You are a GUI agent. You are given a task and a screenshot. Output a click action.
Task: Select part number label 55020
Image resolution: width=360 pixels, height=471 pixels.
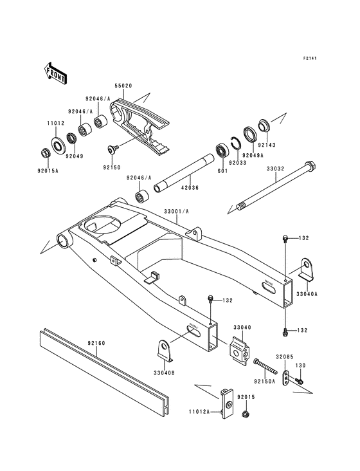[x=124, y=85]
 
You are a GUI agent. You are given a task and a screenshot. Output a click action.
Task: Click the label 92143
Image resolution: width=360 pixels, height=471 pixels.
[x=267, y=146]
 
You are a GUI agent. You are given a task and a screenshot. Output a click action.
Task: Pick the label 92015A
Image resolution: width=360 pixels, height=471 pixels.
[x=48, y=172]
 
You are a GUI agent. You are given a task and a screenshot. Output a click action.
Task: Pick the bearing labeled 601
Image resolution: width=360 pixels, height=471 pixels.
[x=224, y=154]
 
